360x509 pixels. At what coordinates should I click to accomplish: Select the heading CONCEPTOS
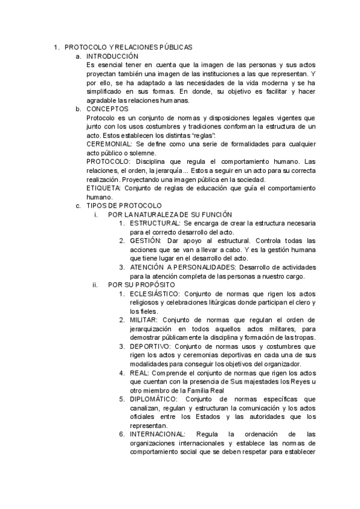[107, 109]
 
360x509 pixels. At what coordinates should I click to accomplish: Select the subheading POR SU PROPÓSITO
[142, 285]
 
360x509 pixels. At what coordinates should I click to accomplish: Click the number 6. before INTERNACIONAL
[122, 434]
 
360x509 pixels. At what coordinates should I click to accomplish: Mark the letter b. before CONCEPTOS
[78, 109]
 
